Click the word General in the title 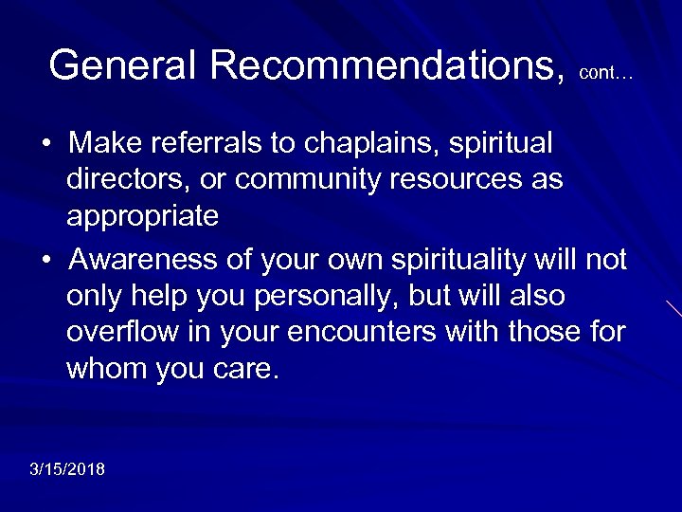click(x=124, y=65)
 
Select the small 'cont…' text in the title click(x=605, y=72)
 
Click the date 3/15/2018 click(x=67, y=469)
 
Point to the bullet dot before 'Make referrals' click(x=45, y=145)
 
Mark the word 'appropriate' click(x=142, y=216)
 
